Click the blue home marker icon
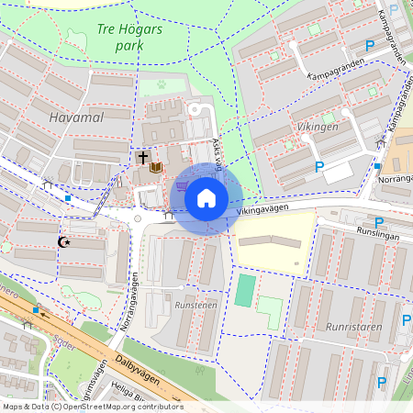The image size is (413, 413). point(206,197)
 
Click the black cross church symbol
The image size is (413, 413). point(142,158)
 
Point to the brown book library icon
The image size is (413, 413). point(157,167)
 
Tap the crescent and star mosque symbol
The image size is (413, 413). point(64,242)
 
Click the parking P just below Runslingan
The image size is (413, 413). point(378,223)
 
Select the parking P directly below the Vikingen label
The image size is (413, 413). point(319,166)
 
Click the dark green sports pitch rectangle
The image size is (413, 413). point(244,290)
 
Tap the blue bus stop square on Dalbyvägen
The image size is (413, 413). point(36,311)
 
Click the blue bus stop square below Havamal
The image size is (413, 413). point(68,197)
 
